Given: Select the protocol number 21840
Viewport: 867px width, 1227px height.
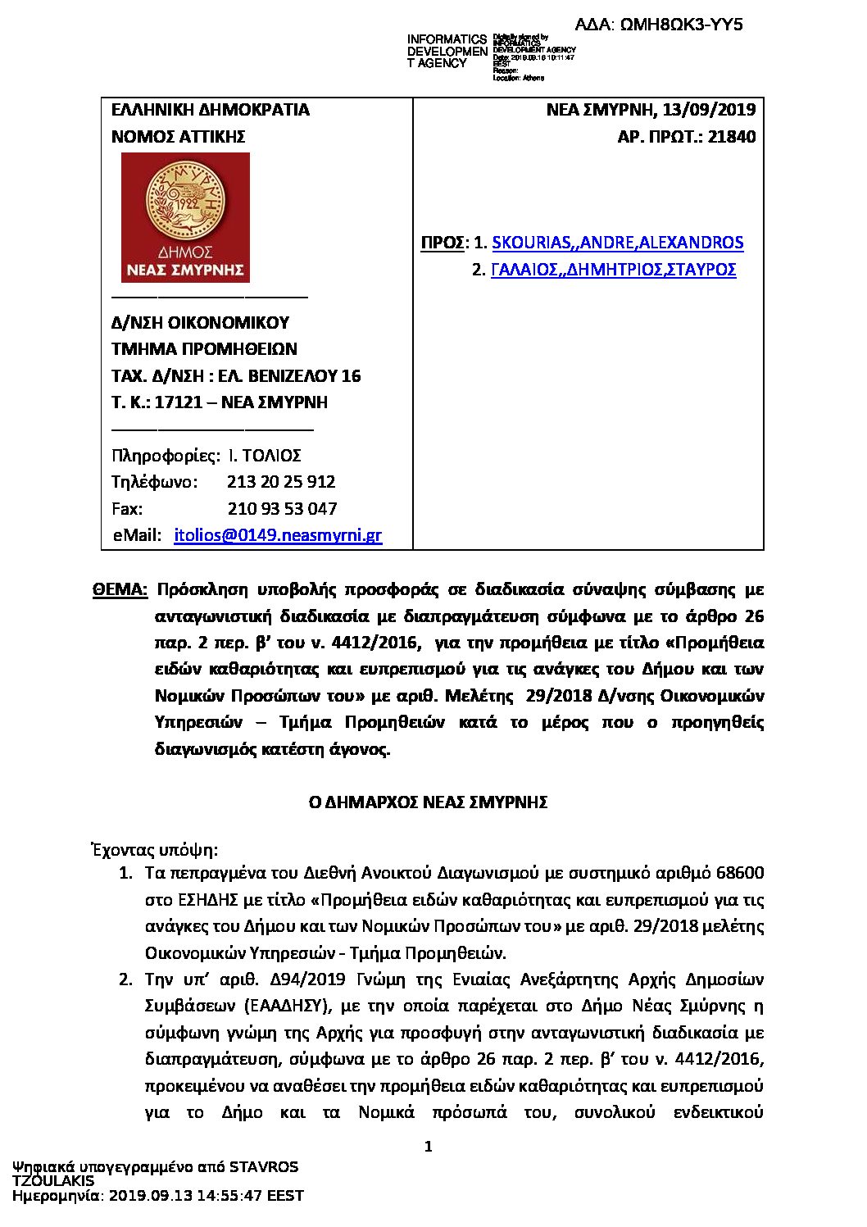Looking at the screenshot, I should tap(733, 137).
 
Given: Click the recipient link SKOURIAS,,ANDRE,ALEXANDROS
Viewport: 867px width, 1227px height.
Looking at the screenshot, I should tap(617, 243).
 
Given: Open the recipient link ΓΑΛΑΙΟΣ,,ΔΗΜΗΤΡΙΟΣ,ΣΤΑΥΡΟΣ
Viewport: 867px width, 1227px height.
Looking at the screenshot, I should tap(613, 270).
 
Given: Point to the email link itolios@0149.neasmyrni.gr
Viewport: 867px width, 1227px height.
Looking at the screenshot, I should tap(278, 536).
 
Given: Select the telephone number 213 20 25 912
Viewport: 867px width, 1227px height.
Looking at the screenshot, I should tap(281, 482).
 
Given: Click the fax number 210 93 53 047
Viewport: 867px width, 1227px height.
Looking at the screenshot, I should tap(282, 509).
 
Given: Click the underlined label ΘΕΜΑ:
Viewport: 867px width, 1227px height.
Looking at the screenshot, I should tap(120, 589).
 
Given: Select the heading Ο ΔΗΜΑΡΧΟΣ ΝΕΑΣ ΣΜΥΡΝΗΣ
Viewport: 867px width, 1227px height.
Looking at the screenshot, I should tap(427, 802).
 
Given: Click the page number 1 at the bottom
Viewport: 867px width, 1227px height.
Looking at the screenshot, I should tap(428, 1147).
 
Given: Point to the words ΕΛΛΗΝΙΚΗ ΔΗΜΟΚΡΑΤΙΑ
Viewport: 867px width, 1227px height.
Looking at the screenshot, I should tap(211, 110).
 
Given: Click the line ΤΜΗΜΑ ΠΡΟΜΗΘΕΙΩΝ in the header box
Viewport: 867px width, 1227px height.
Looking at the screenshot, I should tap(204, 349).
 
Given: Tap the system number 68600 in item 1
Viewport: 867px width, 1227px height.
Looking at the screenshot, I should tap(739, 872).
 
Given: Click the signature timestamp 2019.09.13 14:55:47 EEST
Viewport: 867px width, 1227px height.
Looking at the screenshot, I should tap(206, 1196).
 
